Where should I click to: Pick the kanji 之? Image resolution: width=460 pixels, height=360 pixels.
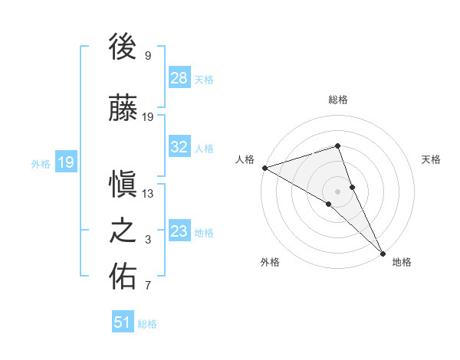click(123, 231)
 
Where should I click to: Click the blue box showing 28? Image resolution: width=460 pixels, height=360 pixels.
click(179, 78)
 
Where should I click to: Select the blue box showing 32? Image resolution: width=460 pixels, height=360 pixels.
click(179, 147)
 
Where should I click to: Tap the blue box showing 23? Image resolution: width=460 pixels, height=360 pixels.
click(179, 231)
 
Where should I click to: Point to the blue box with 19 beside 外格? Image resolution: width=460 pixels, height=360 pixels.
click(65, 162)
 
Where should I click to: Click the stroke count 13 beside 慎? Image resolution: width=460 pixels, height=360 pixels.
click(148, 194)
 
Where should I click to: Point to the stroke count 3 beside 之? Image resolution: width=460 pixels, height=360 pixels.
click(148, 240)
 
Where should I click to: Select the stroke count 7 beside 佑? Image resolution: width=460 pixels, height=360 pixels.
click(148, 286)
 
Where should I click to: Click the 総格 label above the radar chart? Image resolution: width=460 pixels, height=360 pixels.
click(338, 100)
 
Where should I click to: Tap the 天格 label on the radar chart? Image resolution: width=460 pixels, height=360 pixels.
click(431, 159)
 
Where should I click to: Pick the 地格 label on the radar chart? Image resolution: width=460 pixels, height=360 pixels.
click(402, 262)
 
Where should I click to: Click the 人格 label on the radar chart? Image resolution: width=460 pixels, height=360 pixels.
click(245, 159)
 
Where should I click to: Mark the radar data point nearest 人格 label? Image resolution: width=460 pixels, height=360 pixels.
click(264, 167)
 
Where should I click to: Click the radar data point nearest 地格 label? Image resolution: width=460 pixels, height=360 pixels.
click(382, 251)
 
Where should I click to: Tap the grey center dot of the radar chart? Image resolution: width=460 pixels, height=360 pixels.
click(338, 191)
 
